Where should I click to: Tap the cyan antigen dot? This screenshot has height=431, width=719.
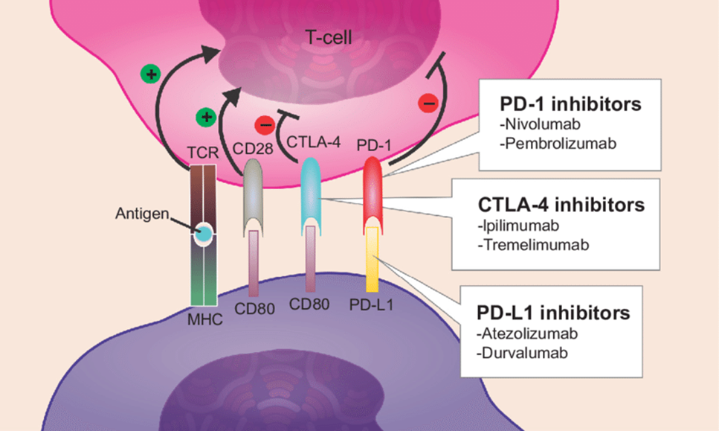pos(203,235)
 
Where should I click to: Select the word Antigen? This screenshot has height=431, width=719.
pos(141,213)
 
